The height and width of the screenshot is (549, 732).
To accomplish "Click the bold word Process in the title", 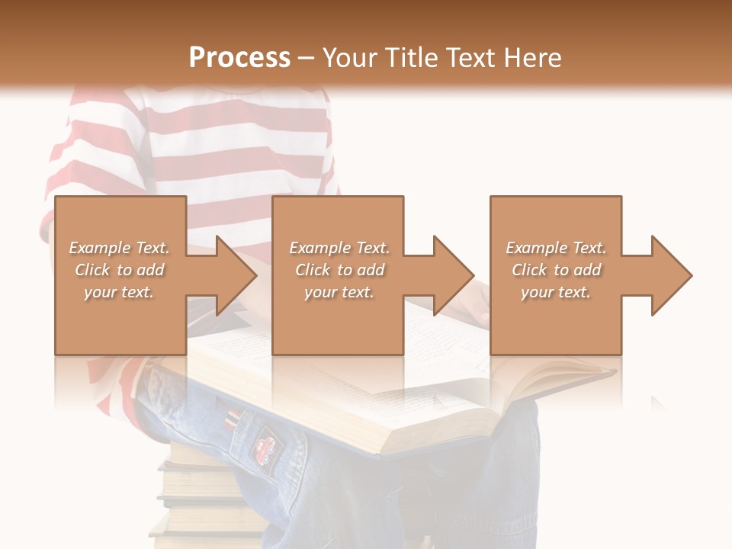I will point(239,58).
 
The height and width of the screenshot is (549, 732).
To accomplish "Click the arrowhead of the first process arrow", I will point(236,275).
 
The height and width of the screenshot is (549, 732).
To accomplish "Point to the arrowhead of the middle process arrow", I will point(454,275).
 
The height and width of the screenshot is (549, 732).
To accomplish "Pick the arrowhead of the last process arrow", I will point(672,275).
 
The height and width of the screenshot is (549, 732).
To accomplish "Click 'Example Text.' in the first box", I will point(119,248).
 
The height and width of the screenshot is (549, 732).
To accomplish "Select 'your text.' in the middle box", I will point(339,292).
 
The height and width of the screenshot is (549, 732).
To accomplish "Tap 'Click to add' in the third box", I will point(556,270).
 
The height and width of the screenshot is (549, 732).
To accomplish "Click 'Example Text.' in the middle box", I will point(339,248).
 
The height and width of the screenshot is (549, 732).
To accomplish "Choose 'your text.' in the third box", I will point(556,292).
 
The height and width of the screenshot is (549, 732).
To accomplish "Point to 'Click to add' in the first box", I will point(119,270).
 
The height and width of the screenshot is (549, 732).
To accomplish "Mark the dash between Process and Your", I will point(307,58).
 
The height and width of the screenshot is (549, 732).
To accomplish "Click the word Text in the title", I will point(473,58).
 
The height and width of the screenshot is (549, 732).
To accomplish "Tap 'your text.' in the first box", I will point(119,292).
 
